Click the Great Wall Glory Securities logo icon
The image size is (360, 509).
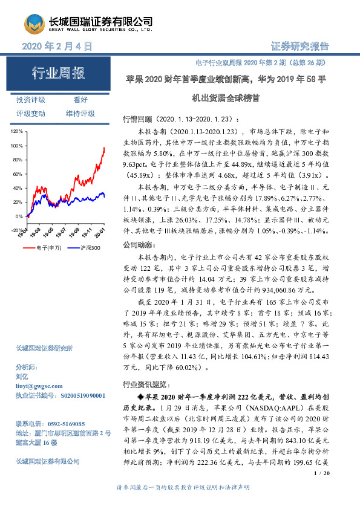point(33,24)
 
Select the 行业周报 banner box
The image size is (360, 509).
point(58,74)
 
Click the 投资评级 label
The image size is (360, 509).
point(31,100)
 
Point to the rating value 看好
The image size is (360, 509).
point(80,100)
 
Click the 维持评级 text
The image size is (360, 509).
point(80,113)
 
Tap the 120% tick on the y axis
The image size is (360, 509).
point(17,131)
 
